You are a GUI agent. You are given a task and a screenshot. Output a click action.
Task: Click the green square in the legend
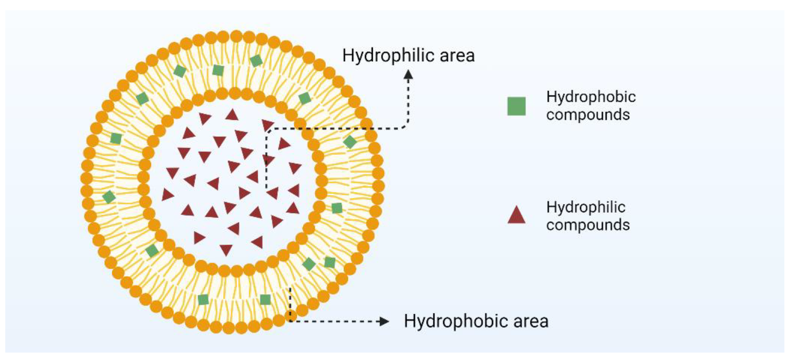point(516,106)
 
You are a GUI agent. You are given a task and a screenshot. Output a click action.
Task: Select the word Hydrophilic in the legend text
point(585,207)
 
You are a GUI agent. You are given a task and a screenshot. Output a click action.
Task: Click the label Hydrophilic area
point(408,56)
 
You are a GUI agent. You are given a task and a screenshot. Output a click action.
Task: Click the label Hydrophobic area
point(476,321)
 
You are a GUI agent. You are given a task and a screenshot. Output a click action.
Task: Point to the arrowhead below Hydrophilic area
point(408,75)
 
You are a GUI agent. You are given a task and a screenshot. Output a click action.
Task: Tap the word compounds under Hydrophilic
point(588,225)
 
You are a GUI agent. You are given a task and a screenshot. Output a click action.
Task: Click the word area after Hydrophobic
point(531,321)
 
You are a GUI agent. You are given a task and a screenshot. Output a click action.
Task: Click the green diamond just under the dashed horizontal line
point(350,142)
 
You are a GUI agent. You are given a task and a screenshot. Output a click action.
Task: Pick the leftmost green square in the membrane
point(109,197)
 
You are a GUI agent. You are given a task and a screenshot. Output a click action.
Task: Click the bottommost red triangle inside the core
point(226,249)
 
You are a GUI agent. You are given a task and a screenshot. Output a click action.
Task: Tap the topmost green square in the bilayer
point(256,60)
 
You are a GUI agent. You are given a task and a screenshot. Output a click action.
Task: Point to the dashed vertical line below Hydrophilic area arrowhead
point(408,101)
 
